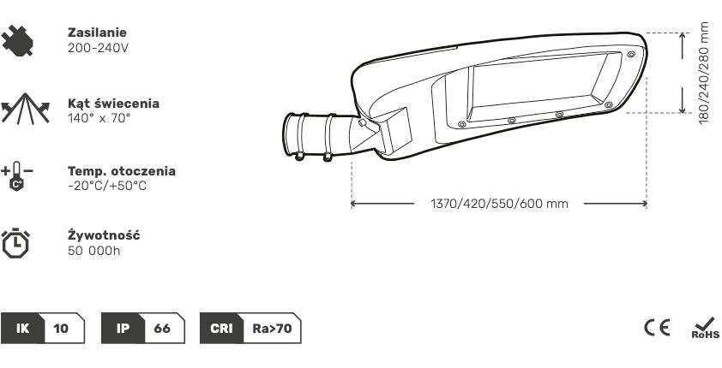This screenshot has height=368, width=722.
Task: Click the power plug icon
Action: click(17, 40)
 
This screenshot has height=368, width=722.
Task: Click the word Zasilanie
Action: click(97, 33)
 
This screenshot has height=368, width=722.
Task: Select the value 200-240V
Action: click(98, 48)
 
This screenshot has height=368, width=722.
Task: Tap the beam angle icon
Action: click(25, 109)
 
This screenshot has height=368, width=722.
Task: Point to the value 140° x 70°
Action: click(99, 118)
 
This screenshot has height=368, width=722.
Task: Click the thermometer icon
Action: click(17, 176)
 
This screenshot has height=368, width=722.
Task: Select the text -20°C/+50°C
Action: click(107, 186)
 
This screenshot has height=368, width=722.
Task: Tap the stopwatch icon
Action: click(15, 242)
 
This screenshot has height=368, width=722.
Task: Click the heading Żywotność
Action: click(104, 234)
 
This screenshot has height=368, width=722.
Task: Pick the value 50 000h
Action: click(94, 251)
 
